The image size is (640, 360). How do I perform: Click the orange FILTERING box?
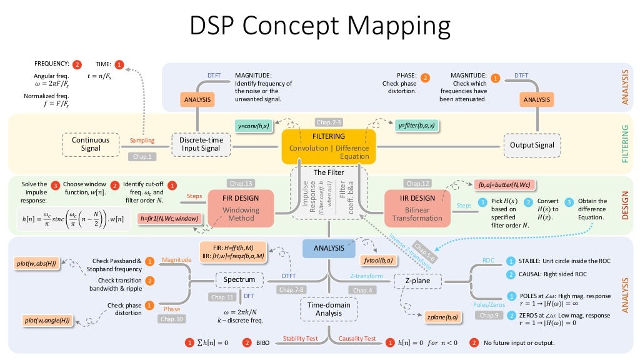[x=329, y=146]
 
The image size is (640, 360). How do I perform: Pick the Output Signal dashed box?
[x=531, y=145]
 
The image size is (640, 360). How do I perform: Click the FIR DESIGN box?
[x=241, y=207]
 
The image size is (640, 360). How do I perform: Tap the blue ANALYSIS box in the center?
[x=329, y=247]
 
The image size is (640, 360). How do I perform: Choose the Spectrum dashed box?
[x=239, y=278]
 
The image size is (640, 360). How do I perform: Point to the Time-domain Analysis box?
[x=329, y=309]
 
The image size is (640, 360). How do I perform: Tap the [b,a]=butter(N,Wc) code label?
[x=505, y=184]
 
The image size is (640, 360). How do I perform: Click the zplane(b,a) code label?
[x=443, y=317]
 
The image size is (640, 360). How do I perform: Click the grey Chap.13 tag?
[x=241, y=183]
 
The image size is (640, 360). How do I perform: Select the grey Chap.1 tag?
[x=141, y=157]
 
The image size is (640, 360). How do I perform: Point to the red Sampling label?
[x=142, y=141]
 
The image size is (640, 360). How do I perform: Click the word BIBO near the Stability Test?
[x=262, y=343]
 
